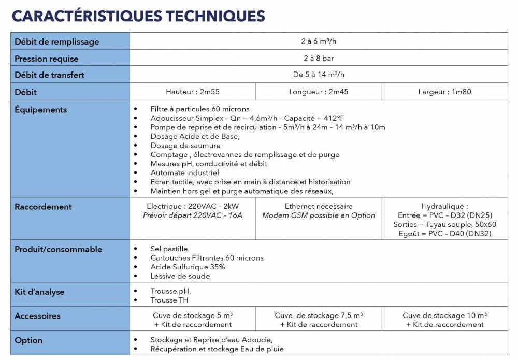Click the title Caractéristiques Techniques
coord(138,16)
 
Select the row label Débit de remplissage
coord(57,41)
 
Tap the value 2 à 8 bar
coord(319,58)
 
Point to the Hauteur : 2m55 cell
coord(192,92)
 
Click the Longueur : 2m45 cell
coord(319,92)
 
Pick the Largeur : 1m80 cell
coord(444,92)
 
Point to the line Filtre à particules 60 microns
coord(200,109)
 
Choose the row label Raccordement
coord(43,207)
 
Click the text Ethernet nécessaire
coord(319,206)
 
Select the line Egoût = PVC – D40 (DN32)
coord(444,234)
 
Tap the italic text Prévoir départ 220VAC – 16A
coord(192,215)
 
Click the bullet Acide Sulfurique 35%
coord(188,267)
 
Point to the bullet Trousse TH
coord(169,300)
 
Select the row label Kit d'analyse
coord(40,292)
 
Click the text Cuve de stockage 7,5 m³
coord(319,315)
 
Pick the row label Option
coord(28,340)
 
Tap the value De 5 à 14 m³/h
coord(319,75)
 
